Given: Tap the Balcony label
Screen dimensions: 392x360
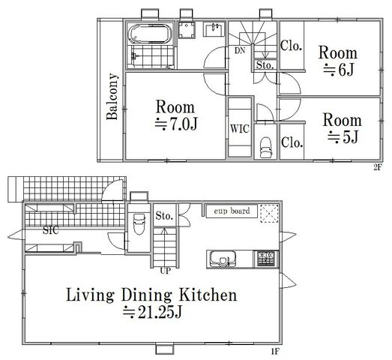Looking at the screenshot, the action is click(x=112, y=97).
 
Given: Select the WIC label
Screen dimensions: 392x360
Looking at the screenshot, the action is click(x=240, y=129).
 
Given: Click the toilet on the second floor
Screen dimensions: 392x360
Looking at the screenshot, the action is click(x=265, y=148).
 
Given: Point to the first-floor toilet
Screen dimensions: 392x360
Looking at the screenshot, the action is click(x=139, y=223).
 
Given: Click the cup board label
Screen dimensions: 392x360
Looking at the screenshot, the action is click(x=232, y=211).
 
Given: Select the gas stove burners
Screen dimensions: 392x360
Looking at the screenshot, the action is click(x=266, y=259).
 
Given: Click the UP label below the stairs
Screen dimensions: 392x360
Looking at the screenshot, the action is click(x=165, y=271).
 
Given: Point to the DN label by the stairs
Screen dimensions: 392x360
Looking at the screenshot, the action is click(x=240, y=51).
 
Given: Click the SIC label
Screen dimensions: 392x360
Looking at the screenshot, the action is click(x=51, y=230).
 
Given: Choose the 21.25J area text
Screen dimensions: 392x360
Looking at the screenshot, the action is click(x=152, y=312).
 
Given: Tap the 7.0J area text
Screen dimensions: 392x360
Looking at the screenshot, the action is click(x=176, y=124).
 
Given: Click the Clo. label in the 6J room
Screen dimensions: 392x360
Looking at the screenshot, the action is click(x=291, y=46).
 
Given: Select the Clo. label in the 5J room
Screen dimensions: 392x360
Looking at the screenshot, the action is click(x=292, y=142).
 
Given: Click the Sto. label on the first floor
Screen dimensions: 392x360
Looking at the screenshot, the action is click(x=164, y=216).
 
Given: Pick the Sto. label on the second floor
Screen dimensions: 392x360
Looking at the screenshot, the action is click(x=265, y=65).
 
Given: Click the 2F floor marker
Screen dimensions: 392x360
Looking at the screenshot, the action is click(x=378, y=167).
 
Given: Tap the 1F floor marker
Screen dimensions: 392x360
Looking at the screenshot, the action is click(x=275, y=352).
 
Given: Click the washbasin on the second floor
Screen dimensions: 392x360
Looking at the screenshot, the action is click(x=214, y=29).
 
